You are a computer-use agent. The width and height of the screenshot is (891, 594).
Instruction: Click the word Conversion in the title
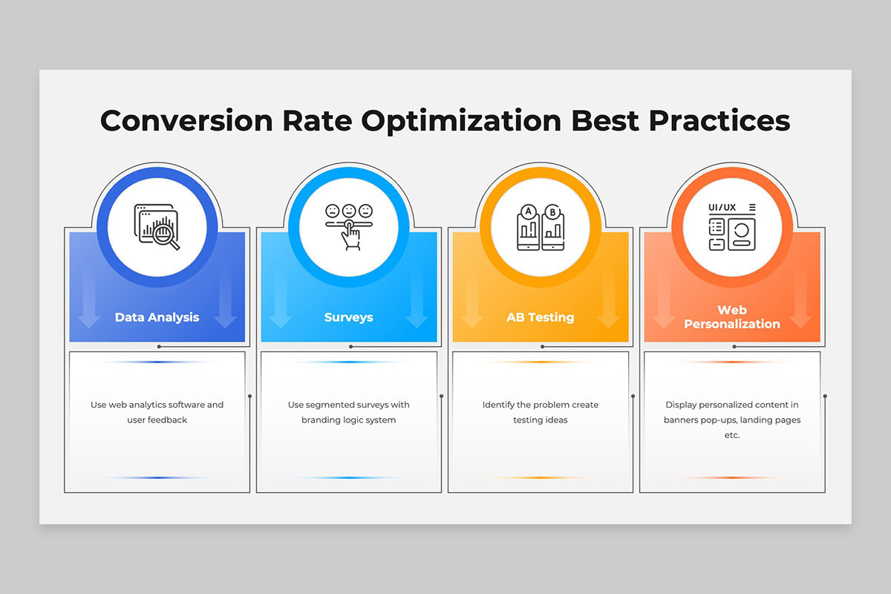[186, 120]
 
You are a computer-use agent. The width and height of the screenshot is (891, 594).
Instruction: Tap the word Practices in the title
[719, 120]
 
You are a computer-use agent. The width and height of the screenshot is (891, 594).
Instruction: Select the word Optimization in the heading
[461, 122]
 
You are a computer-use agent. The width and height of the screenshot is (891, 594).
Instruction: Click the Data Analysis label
[157, 317]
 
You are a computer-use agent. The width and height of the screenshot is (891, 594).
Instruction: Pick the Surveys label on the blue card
[349, 317]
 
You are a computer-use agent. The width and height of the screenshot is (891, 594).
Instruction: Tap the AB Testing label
[541, 317]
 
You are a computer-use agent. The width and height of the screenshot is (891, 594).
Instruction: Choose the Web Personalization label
[732, 317]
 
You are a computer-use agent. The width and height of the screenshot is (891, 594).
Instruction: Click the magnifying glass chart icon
[157, 227]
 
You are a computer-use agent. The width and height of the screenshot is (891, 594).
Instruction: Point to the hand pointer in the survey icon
[350, 235]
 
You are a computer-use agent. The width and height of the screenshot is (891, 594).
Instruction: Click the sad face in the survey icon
[332, 210]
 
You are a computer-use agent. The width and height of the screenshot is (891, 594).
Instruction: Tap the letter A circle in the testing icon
[528, 212]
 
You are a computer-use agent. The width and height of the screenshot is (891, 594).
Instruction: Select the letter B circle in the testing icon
[552, 212]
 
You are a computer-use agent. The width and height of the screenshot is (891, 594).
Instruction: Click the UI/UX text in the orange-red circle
[722, 207]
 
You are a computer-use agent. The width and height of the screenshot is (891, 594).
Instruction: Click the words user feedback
[157, 420]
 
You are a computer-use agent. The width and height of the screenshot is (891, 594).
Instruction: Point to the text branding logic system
[349, 420]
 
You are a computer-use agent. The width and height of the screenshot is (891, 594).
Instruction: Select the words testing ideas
[541, 420]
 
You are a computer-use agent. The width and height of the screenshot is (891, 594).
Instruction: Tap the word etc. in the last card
[732, 435]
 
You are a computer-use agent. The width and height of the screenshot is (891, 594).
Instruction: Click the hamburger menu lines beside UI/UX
[752, 207]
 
